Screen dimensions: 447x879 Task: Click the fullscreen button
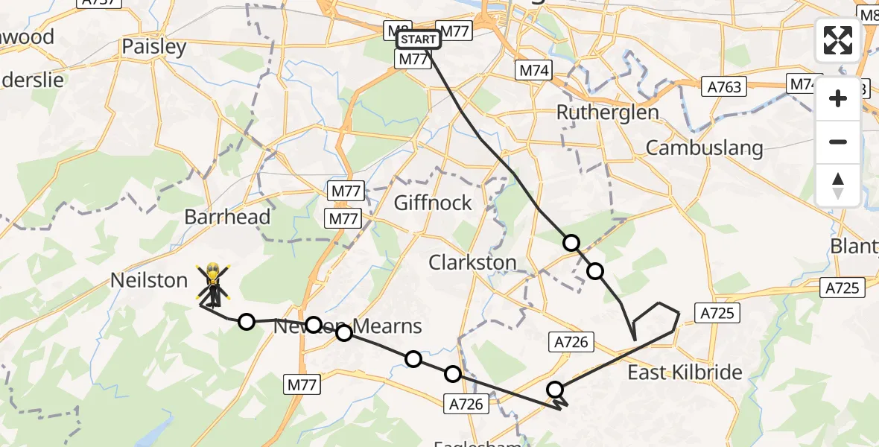click(838, 40)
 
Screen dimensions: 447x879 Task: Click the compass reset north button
click(838, 186)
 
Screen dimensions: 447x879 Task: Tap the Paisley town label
click(154, 47)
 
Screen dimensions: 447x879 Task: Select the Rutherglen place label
click(608, 112)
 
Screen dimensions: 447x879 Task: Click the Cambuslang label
click(704, 148)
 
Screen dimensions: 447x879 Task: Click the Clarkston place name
click(472, 262)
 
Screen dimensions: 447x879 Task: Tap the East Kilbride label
click(685, 372)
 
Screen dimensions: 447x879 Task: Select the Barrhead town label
click(227, 218)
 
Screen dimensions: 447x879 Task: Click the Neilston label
click(149, 280)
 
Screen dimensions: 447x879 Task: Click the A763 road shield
click(724, 87)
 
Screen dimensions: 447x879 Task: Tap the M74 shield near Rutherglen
click(533, 71)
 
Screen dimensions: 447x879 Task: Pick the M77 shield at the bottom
click(302, 385)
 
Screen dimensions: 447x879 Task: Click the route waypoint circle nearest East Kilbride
click(555, 389)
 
